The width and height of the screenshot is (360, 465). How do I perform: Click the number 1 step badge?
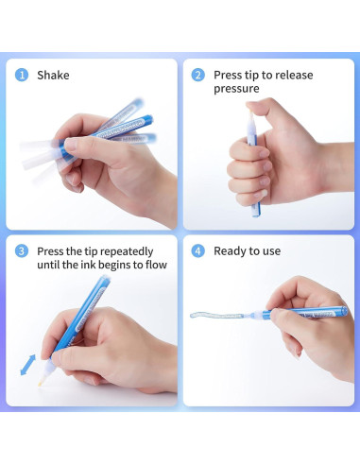(x=22, y=76)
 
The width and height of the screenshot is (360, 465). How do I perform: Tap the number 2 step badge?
(x=197, y=76)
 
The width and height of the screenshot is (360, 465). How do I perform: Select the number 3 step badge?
(x=22, y=251)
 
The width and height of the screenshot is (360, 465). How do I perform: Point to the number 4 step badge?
(x=197, y=251)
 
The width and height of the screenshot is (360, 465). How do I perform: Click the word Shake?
(x=53, y=76)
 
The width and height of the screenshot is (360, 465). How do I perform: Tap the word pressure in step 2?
(x=236, y=89)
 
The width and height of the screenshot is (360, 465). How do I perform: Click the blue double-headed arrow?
(x=28, y=365)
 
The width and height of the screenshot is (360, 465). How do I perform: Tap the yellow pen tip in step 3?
(x=41, y=383)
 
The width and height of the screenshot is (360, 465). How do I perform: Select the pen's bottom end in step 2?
(x=256, y=215)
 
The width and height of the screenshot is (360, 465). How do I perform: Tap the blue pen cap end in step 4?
(x=344, y=311)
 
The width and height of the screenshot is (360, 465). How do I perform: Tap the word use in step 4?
(x=271, y=251)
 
